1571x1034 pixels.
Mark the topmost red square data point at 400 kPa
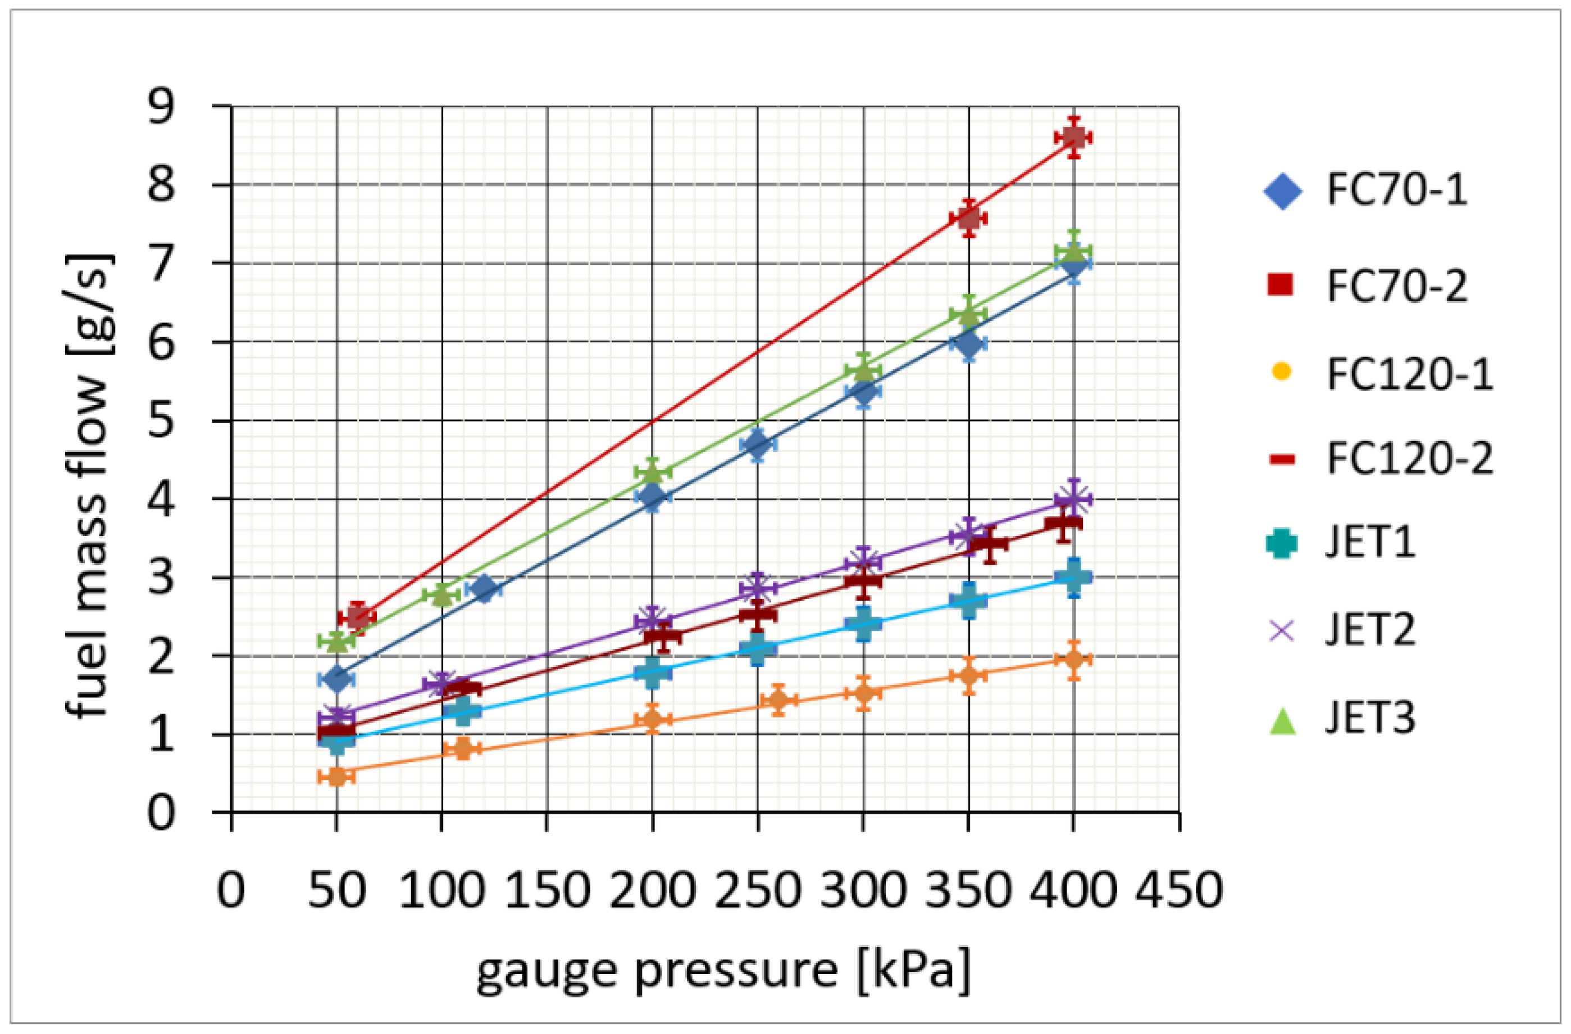point(1073,137)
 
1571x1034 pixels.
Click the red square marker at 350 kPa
point(968,218)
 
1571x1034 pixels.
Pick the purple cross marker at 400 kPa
point(1073,499)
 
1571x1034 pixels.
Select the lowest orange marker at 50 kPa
point(336,776)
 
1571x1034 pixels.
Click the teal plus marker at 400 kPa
point(1073,577)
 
